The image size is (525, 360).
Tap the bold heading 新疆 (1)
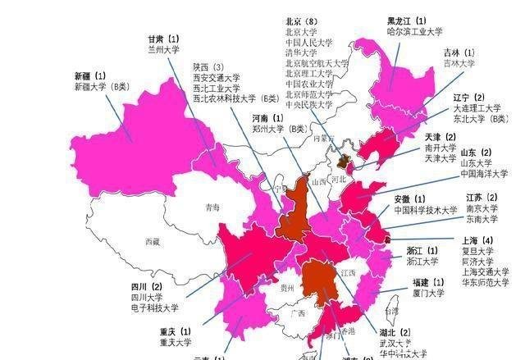(94, 75)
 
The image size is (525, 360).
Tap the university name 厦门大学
(428, 293)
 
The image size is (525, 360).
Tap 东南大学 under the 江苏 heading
(482, 219)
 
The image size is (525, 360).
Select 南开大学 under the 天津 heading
(441, 148)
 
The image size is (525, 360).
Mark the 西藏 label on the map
(153, 242)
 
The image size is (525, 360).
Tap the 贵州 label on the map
(286, 289)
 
